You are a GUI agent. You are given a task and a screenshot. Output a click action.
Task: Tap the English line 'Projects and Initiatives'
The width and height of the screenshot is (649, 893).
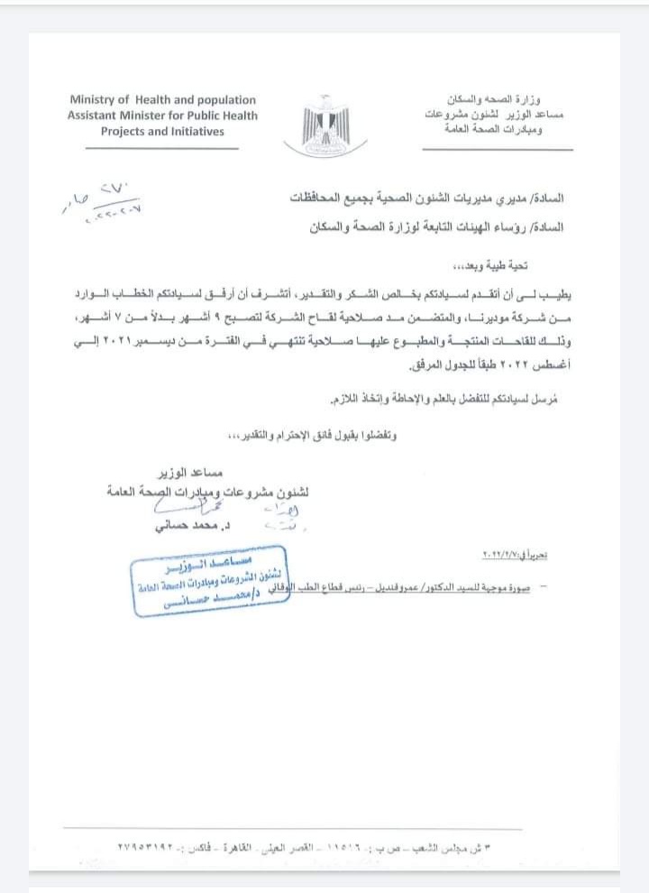click(162, 131)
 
